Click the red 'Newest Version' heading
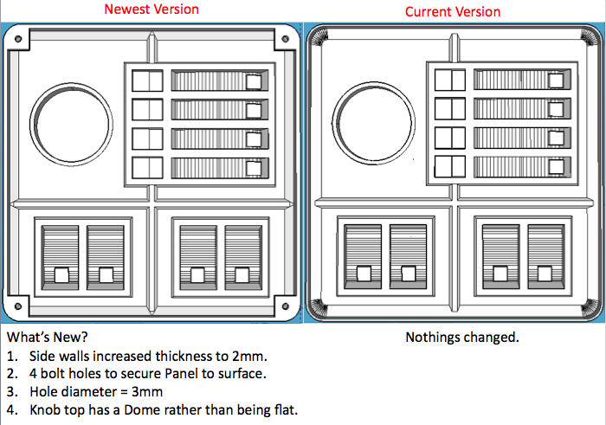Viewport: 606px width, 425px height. pyautogui.click(x=151, y=10)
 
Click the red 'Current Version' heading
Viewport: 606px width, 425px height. pyautogui.click(x=453, y=12)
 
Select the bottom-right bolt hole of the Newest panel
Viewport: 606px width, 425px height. pyautogui.click(x=283, y=303)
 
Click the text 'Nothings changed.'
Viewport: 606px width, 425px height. pyautogui.click(x=462, y=337)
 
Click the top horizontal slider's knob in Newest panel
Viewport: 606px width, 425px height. pyautogui.click(x=254, y=81)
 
